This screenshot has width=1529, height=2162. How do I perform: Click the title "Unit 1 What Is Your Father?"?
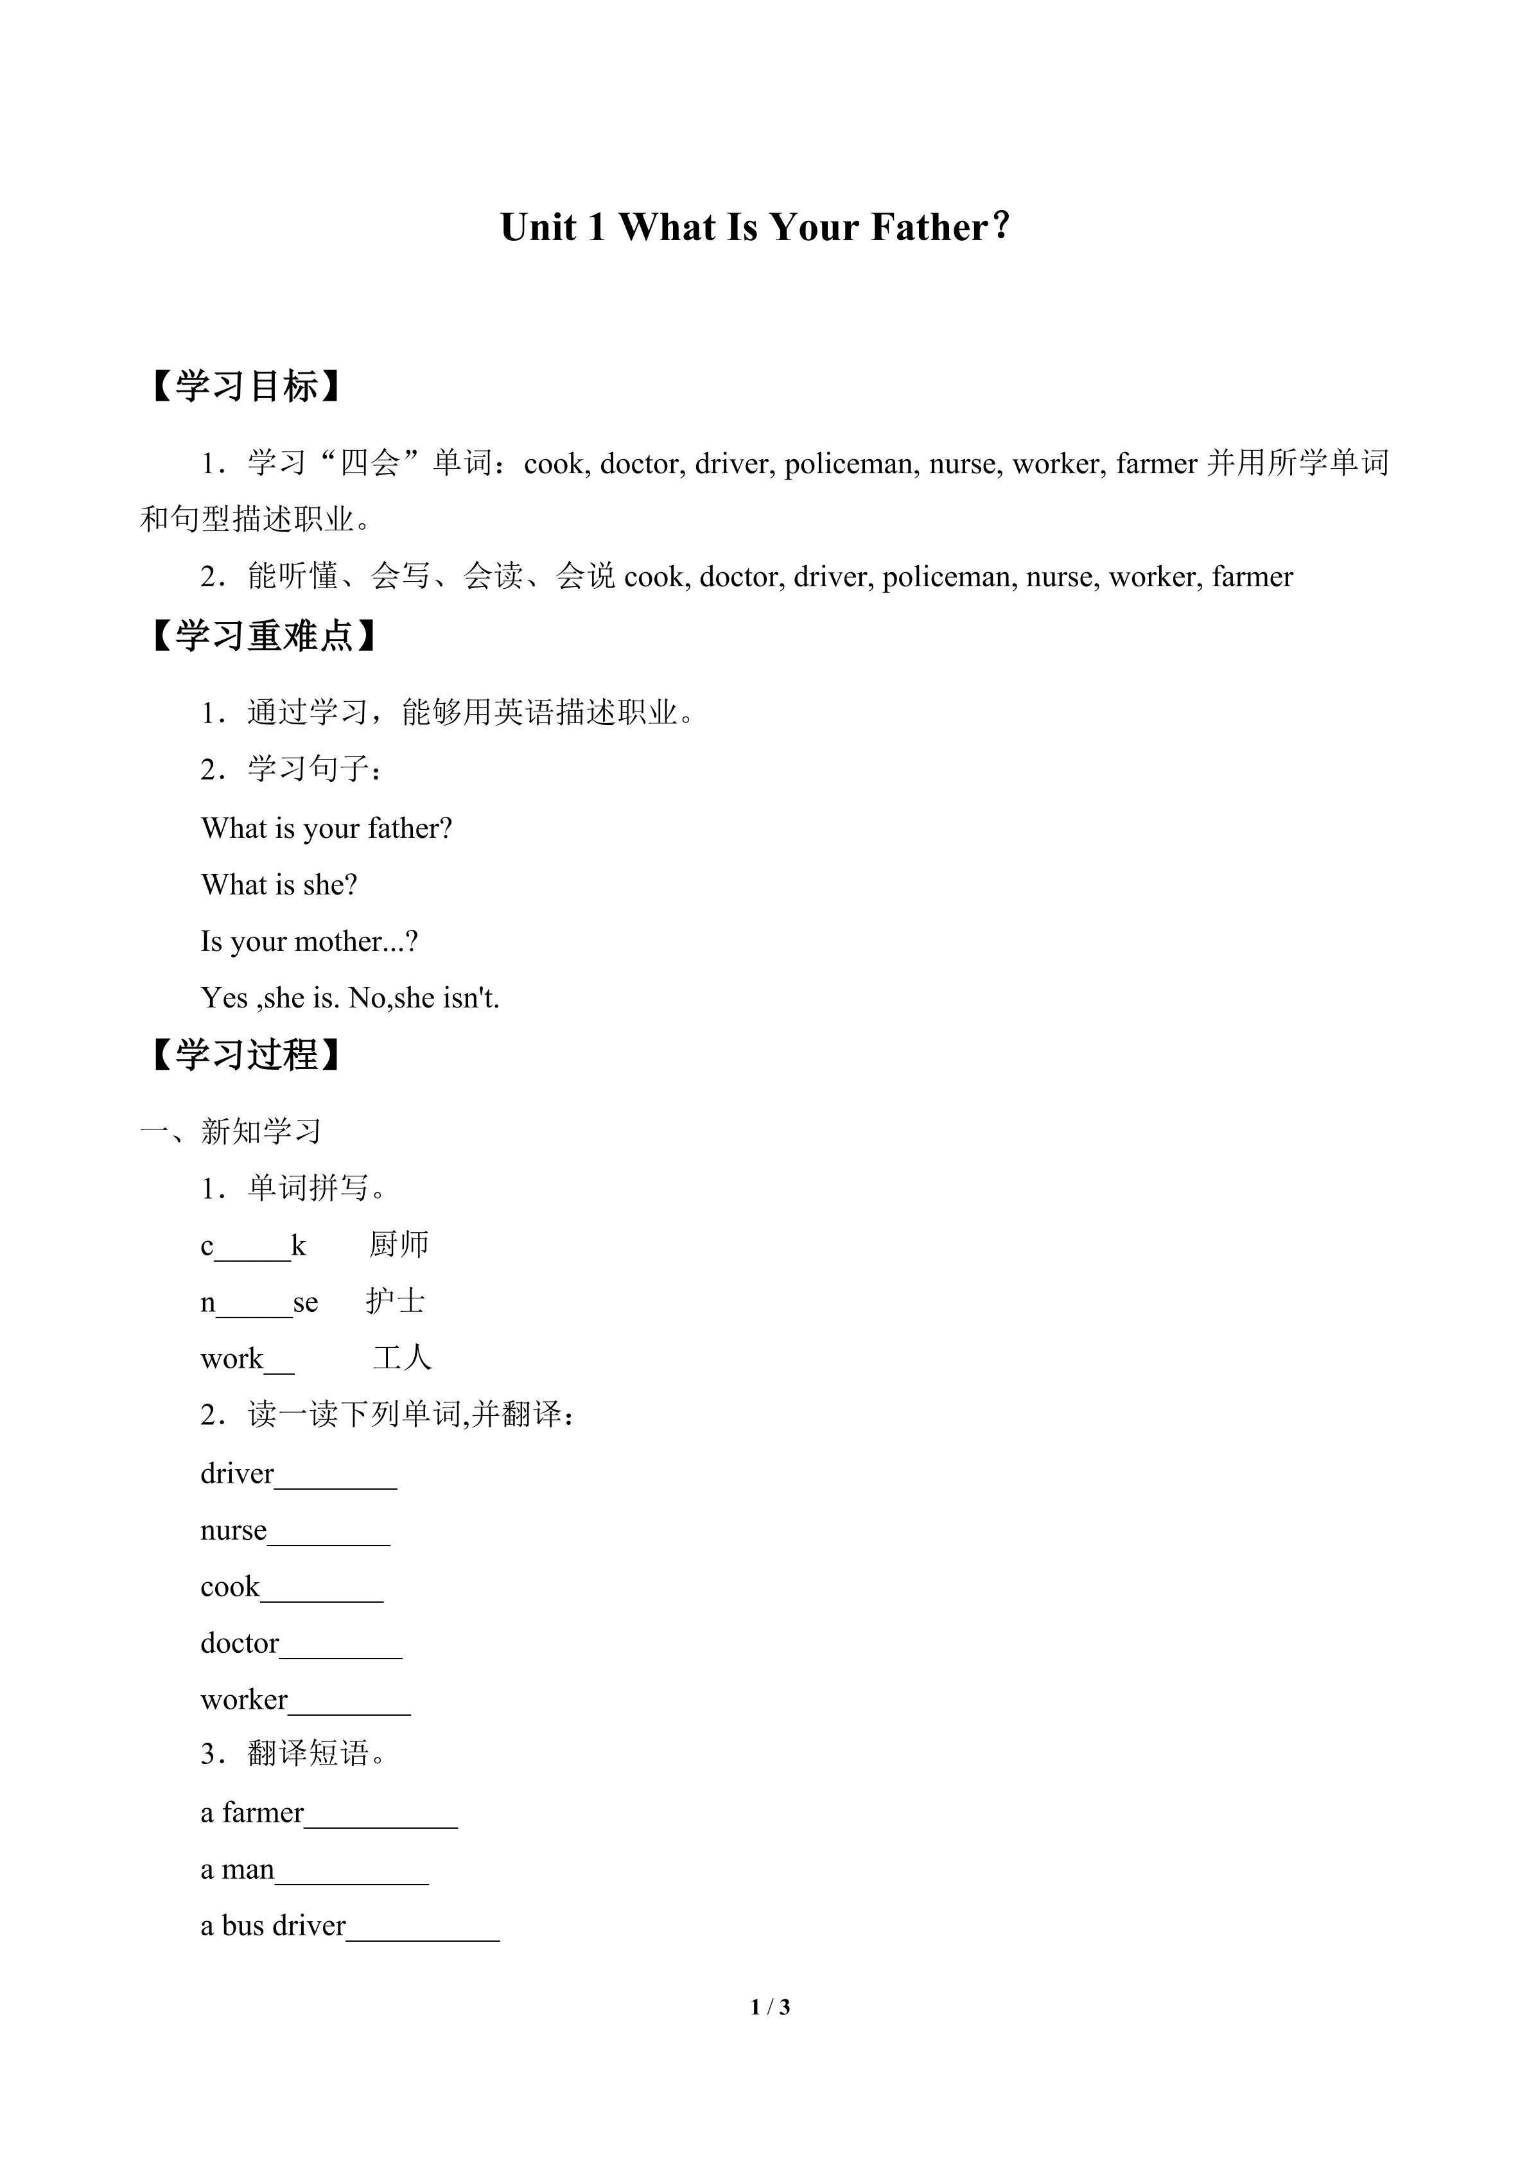tap(755, 228)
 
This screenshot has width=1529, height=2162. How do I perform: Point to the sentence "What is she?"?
tap(279, 885)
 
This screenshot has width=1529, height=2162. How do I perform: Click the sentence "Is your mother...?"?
tap(309, 941)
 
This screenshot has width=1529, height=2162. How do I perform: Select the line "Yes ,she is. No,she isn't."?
tap(349, 998)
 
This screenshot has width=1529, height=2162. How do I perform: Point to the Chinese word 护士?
tap(396, 1302)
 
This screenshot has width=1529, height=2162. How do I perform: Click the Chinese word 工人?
tap(402, 1358)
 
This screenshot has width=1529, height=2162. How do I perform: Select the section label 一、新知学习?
tap(231, 1131)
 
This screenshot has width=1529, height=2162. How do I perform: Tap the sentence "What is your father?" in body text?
tap(327, 828)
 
